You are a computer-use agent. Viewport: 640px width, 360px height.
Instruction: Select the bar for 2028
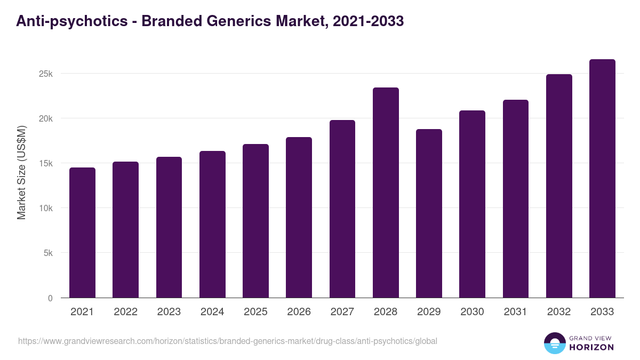[386, 193]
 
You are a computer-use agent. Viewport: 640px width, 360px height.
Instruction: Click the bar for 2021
[82, 233]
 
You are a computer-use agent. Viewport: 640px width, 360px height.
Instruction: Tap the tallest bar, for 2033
[602, 179]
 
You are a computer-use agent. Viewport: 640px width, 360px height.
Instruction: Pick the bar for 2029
[429, 213]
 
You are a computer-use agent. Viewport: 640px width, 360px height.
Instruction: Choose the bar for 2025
[255, 221]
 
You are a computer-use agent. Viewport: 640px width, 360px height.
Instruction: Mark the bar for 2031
[516, 198]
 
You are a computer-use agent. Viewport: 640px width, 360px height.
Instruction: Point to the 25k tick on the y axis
[46, 74]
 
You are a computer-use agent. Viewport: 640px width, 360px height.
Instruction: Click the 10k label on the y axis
[46, 208]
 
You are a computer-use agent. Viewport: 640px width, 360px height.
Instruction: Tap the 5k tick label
[48, 253]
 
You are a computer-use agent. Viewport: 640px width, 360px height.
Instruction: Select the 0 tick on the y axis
[50, 298]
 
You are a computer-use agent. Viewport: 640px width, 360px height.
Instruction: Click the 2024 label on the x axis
[212, 312]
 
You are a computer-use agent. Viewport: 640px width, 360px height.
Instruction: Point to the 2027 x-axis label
[342, 312]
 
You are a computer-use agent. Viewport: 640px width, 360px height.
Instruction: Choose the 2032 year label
[559, 312]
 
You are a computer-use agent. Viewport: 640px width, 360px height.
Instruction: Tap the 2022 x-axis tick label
[125, 312]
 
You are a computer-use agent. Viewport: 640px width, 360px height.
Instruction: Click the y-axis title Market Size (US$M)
[21, 172]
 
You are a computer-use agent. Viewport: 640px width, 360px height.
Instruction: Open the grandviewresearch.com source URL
[228, 341]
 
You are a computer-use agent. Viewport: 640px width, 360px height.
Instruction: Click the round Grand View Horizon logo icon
[555, 343]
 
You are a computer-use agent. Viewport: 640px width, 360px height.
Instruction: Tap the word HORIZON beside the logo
[591, 347]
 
